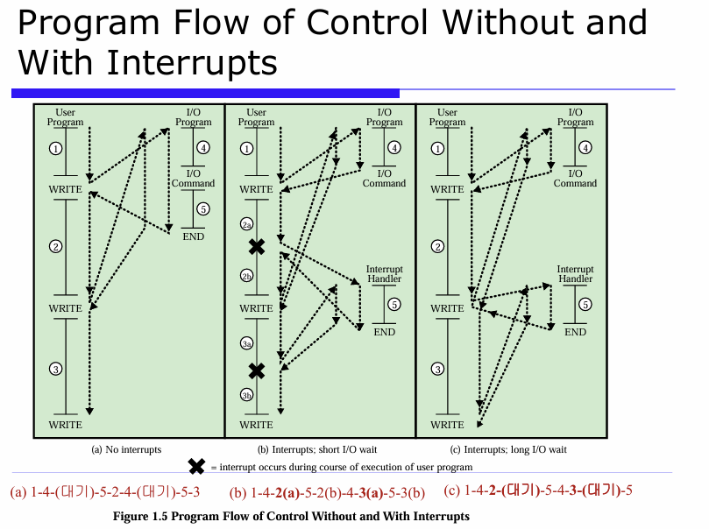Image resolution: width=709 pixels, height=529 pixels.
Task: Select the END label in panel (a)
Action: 193,236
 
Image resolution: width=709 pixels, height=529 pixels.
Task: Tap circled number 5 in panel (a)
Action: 203,209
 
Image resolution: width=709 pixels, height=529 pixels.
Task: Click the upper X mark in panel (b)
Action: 256,247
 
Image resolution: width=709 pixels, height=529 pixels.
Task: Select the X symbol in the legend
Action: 197,467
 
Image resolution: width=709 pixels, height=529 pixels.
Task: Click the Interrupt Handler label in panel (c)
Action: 575,274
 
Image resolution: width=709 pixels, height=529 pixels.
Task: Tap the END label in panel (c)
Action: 575,332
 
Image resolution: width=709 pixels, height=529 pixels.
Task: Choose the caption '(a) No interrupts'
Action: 127,449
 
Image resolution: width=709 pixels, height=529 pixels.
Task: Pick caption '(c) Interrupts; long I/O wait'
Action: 508,449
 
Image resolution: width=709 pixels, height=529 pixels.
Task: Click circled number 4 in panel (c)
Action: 585,147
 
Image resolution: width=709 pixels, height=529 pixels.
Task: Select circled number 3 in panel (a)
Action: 56,369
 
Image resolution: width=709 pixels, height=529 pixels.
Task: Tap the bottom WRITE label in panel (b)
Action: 256,425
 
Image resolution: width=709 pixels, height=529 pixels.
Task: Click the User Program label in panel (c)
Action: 447,117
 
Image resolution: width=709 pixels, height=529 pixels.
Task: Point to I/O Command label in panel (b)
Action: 384,179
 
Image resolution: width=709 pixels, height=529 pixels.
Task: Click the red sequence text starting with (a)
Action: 105,492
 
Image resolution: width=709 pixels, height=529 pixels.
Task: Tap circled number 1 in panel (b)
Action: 247,149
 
